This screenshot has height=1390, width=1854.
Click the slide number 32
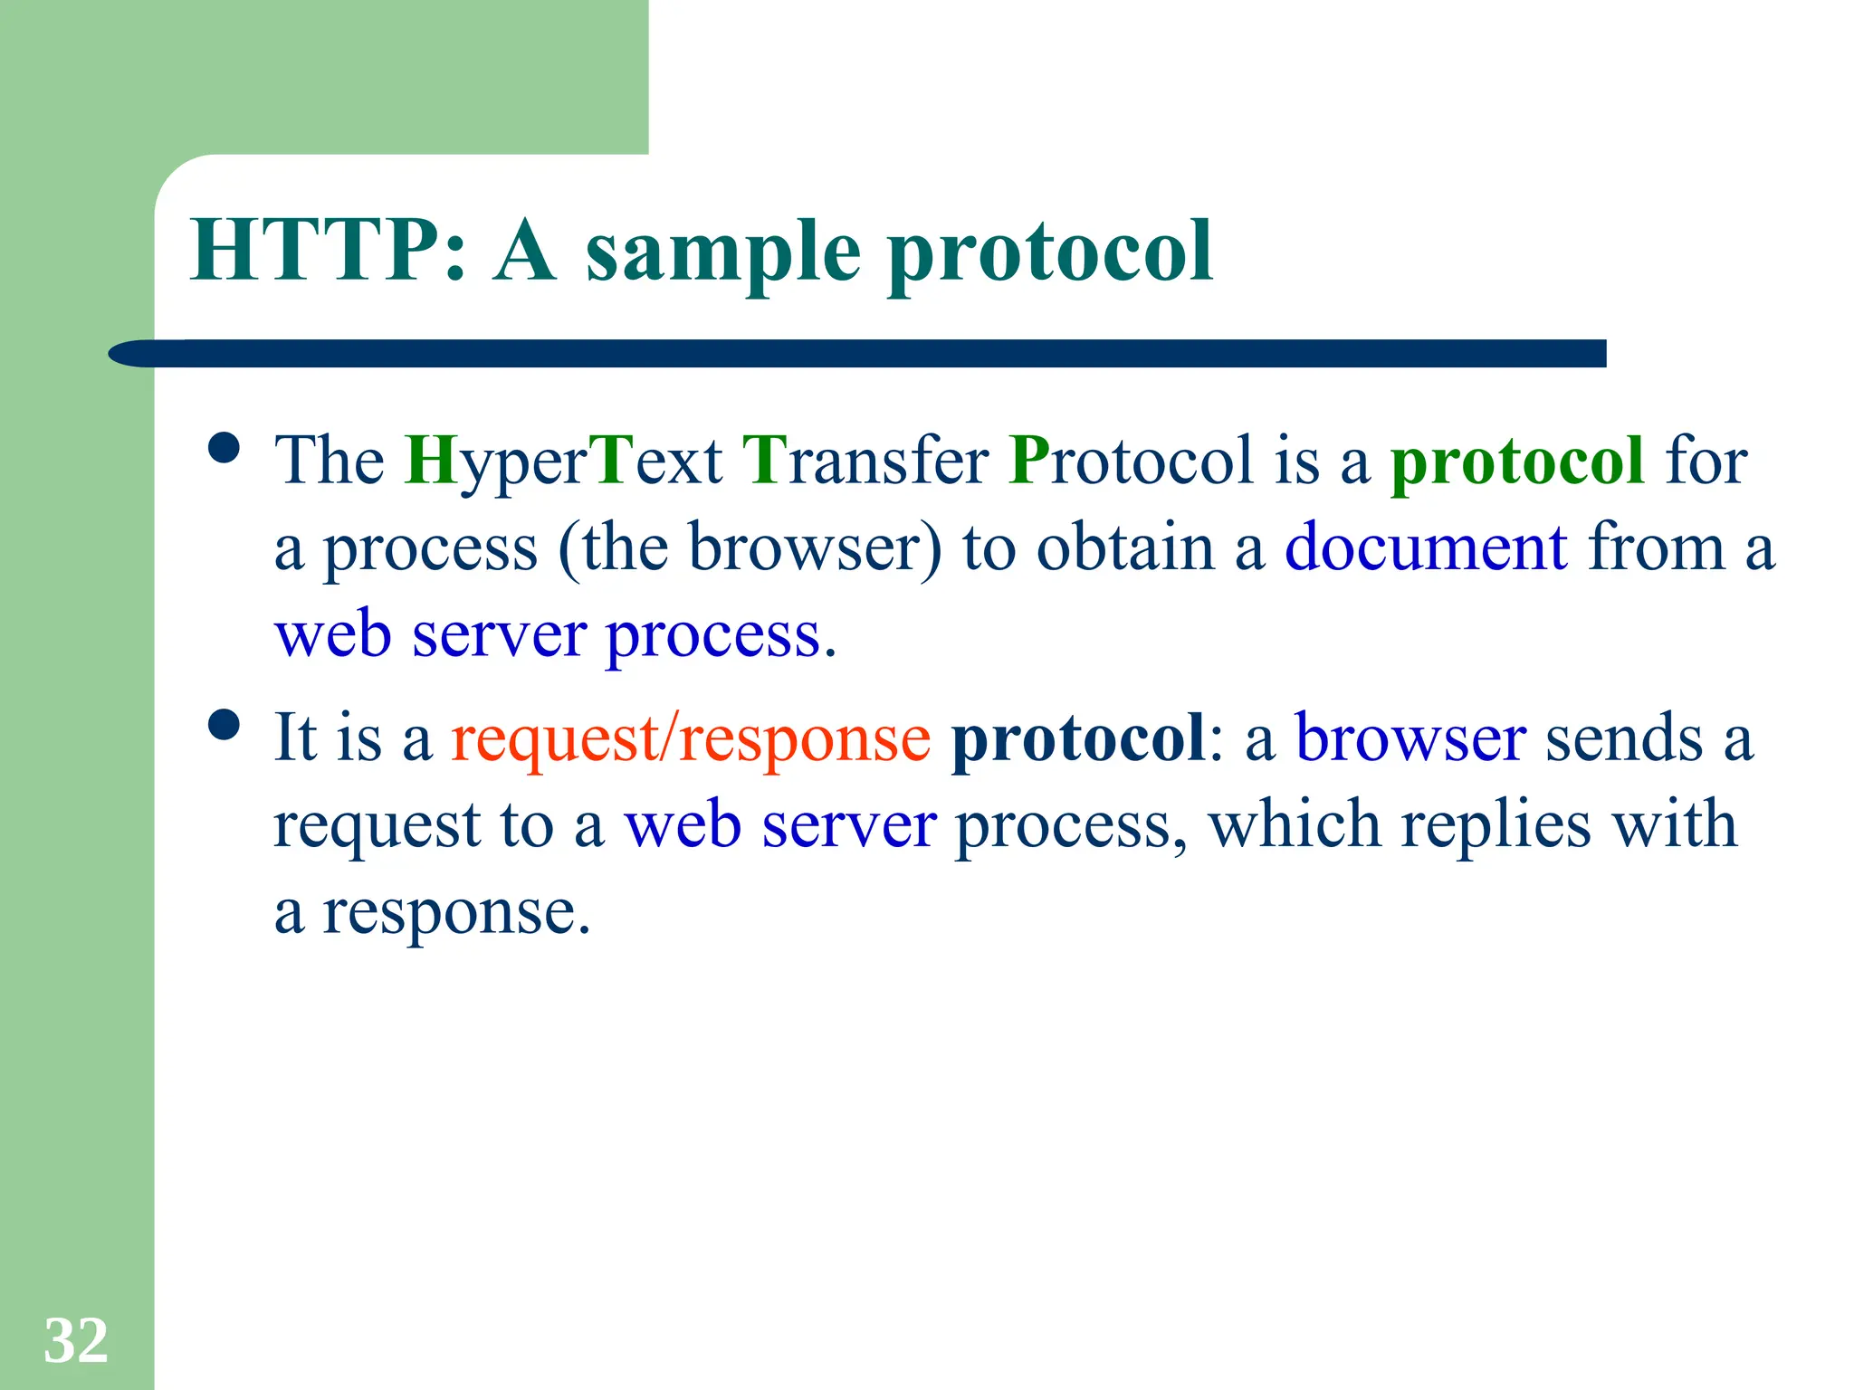pyautogui.click(x=76, y=1341)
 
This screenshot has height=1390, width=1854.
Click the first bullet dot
pyautogui.click(x=223, y=447)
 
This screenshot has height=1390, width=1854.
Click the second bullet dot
pyautogui.click(x=223, y=724)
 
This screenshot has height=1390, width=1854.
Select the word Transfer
pyautogui.click(x=865, y=462)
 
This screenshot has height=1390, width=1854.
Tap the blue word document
pyautogui.click(x=1426, y=548)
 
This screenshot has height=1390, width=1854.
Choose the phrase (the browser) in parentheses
pyautogui.click(x=750, y=548)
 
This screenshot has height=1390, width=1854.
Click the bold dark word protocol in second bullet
pyautogui.click(x=1077, y=738)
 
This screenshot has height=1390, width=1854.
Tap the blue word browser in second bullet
pyautogui.click(x=1410, y=738)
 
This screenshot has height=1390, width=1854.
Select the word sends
pyautogui.click(x=1624, y=738)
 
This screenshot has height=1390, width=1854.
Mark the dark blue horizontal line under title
pyautogui.click(x=860, y=353)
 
